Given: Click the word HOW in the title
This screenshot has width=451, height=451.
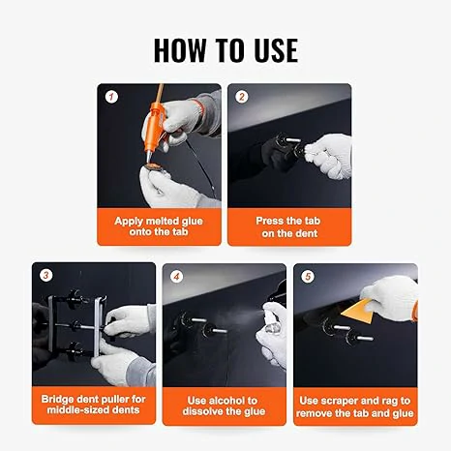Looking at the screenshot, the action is [x=179, y=50].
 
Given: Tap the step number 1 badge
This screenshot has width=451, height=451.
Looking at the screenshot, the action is [x=111, y=97].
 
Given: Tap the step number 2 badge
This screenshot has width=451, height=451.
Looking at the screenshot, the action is [x=242, y=97].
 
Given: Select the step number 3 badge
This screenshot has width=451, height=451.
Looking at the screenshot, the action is [x=45, y=275].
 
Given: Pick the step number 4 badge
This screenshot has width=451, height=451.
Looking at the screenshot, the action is [x=176, y=277].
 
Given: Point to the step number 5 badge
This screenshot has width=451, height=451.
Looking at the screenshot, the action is [x=308, y=277].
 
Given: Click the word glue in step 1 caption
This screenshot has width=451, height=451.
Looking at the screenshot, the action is [x=192, y=222].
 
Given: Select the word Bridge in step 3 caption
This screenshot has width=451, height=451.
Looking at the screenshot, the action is [x=58, y=400].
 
